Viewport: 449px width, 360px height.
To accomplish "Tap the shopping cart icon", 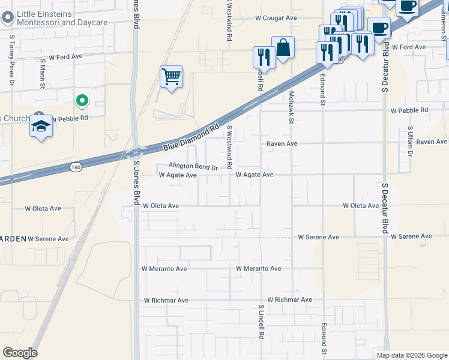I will (x=172, y=77).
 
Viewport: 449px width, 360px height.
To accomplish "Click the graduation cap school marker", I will (x=41, y=126).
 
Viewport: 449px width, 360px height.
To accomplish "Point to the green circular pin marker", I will (x=82, y=101).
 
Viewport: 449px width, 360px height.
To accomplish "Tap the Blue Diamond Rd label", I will (x=191, y=138).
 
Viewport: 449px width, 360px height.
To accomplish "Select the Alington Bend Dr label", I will (x=193, y=167).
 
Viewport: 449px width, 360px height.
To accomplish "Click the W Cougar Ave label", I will (x=276, y=19).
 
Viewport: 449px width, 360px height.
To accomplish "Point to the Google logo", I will (x=20, y=353).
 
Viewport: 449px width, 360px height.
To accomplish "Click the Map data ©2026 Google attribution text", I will (x=411, y=355).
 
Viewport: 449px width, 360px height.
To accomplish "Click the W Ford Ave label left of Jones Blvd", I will (x=65, y=56).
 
